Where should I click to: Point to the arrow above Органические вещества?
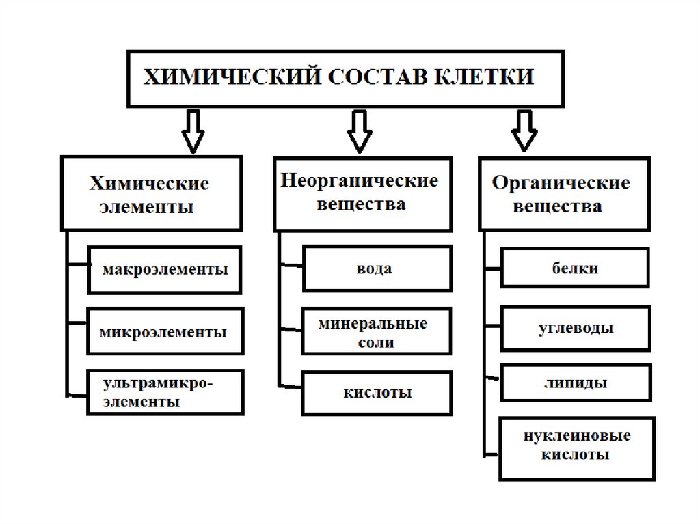pos(524,131)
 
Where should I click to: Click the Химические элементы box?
pos(151,194)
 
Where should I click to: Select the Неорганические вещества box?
pos(363,194)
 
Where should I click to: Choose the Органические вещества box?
pos(564,194)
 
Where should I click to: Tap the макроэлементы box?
pos(166,269)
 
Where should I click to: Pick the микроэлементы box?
pos(165,331)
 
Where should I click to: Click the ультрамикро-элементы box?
pos(165,392)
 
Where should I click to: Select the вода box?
pos(377,268)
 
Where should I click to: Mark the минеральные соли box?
pos(377,332)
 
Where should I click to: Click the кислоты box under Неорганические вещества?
pos(377,393)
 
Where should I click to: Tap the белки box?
pos(575,268)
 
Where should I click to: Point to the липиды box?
pos(576,383)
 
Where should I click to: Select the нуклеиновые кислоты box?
pos(576,445)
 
